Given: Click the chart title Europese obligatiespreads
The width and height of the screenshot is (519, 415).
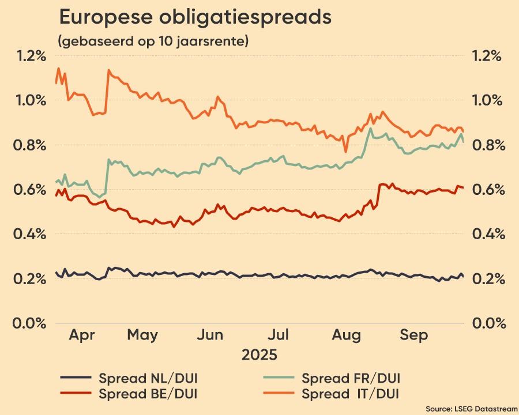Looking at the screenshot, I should [195, 18].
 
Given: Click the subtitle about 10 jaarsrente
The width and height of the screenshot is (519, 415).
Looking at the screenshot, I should [153, 41].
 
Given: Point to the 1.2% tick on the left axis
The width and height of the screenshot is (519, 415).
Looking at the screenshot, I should [31, 56].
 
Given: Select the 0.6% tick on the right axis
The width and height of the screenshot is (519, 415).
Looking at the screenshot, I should [487, 190].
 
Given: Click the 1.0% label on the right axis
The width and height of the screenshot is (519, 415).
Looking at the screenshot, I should [487, 100].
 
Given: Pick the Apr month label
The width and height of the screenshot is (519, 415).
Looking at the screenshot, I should [85, 335].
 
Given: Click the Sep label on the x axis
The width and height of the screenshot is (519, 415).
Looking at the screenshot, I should [414, 335].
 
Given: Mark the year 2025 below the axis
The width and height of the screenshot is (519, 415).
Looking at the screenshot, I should [259, 353].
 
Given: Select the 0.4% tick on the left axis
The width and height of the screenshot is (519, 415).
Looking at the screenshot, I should [31, 234].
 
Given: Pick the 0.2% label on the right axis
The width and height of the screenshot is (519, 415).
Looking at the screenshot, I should [487, 278].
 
